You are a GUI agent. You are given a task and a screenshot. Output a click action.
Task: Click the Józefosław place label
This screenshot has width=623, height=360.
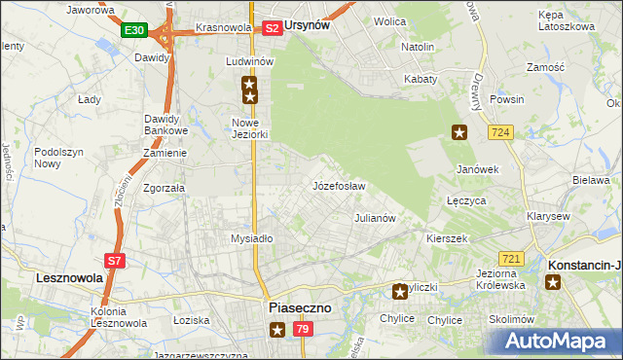coord(339,186)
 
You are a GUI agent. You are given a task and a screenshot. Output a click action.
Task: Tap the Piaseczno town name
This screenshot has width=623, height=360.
coord(299,307)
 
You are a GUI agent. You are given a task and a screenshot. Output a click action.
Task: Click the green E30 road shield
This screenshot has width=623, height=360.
coord(134,31)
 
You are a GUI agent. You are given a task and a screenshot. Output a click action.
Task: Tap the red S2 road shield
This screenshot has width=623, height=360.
coord(273,28)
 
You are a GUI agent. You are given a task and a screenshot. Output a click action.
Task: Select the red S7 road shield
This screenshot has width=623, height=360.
coord(115,260)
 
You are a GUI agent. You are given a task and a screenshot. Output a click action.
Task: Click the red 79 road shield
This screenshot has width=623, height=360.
coord(303,331)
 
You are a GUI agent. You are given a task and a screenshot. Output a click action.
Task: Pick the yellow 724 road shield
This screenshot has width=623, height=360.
coord(501,131)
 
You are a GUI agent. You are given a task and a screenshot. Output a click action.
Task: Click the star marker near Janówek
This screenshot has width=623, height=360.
coord(459,132)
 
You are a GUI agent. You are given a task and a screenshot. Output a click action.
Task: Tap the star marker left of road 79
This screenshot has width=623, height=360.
coord(277,331)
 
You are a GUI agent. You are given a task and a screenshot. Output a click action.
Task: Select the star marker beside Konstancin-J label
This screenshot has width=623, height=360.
coord(554,282)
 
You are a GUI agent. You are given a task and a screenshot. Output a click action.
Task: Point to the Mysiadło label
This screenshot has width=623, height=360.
coord(251,238)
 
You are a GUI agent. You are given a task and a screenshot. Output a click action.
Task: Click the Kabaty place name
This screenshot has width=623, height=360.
coord(421,78)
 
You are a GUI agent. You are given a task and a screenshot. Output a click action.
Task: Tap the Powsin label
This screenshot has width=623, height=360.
coord(507,99)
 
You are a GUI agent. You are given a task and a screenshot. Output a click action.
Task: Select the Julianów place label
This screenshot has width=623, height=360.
coord(375,218)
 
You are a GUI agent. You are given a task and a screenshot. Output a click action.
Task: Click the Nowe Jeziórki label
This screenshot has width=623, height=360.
coord(249,128)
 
